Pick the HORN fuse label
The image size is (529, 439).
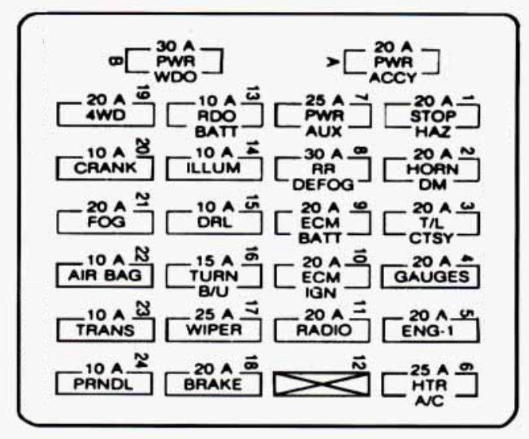coord(429,168)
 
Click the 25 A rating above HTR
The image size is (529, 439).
coord(431,369)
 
